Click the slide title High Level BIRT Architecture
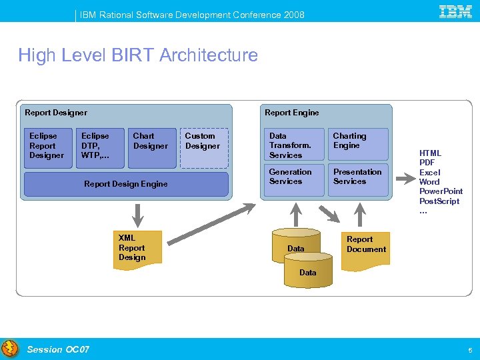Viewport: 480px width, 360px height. pos(138,55)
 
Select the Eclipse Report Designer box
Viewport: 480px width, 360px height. pos(47,147)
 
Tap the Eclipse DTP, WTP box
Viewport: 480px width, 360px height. pos(99,147)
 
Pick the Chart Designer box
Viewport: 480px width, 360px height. pos(153,147)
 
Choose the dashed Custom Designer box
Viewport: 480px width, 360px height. pos(204,147)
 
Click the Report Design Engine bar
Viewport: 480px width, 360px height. pos(126,184)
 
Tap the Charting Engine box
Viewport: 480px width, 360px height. pos(358,145)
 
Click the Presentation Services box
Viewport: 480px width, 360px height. pos(358,180)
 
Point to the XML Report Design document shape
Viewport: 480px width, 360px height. pos(137,249)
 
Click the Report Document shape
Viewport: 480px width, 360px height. pos(366,250)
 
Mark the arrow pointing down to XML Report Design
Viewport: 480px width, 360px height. pos(138,215)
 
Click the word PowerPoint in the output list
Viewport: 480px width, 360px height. pos(441,191)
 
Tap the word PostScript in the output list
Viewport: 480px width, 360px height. pos(439,201)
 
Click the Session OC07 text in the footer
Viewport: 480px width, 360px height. pos(58,349)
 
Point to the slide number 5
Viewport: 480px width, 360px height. pos(470,350)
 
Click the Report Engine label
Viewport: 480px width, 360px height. pos(292,113)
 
